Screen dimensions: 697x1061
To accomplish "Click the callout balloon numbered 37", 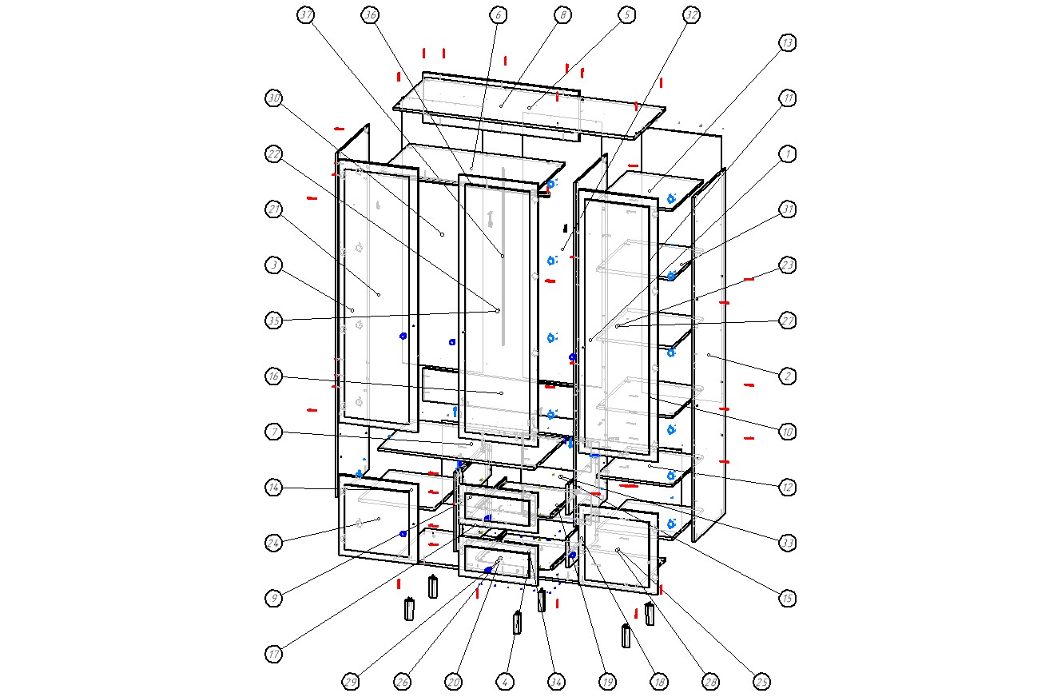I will click(305, 15).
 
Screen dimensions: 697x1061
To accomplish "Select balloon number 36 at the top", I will click(369, 15).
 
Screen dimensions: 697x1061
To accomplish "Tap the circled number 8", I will click(562, 15).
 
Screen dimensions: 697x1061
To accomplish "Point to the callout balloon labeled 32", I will click(692, 15).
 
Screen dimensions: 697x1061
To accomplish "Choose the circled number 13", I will click(788, 42).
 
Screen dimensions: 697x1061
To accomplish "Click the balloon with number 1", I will click(788, 153).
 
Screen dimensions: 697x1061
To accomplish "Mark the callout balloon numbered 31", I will click(788, 209).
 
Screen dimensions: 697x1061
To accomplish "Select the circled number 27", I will click(788, 321).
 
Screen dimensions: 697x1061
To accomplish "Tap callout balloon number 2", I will click(788, 376).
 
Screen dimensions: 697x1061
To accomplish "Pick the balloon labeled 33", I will click(788, 542).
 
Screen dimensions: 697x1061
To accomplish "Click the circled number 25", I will click(761, 682).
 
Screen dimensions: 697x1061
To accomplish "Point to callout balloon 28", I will click(710, 682).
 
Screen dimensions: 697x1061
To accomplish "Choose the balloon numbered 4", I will click(505, 682).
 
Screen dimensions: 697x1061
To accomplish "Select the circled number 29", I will click(351, 682).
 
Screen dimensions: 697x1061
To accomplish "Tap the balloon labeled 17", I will click(274, 654).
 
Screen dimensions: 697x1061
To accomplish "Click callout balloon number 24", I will click(274, 542).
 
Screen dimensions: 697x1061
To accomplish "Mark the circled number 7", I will click(274, 432).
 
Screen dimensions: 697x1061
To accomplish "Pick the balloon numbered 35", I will click(274, 321).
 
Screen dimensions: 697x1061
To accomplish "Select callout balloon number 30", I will click(274, 98).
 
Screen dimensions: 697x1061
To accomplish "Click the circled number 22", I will click(274, 153).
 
